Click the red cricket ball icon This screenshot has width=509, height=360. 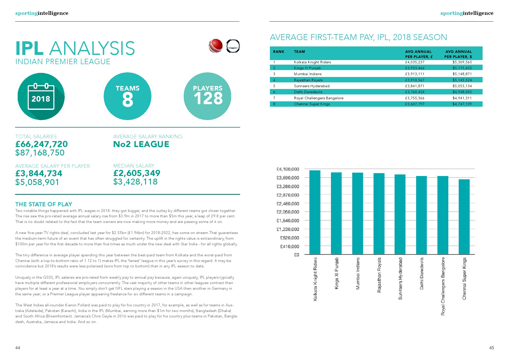216,46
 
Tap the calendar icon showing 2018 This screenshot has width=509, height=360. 41,97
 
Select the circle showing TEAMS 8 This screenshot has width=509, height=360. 128,96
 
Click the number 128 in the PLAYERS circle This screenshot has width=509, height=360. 208,99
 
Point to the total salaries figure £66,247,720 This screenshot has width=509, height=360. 42,144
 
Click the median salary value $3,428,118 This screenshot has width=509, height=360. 135,182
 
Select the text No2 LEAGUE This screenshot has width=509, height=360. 141,144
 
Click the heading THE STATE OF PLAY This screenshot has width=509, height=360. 44,204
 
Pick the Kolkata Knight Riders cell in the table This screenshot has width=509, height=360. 312,62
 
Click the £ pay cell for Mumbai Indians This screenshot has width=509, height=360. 415,74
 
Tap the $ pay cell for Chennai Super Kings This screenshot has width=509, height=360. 462,104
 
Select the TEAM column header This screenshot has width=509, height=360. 299,52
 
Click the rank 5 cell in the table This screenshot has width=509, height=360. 274,86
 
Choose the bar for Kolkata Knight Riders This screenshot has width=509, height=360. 315,212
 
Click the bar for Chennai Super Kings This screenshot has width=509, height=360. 464,217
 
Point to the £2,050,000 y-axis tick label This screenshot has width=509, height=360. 288,212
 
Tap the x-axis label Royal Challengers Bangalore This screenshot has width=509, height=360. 443,286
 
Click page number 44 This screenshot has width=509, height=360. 18,348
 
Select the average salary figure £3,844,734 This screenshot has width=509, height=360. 39,173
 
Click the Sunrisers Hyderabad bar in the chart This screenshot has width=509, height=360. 400,214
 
